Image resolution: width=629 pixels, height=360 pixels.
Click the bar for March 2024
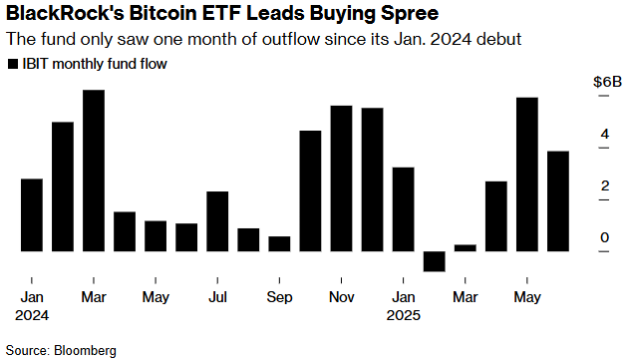tap(94, 171)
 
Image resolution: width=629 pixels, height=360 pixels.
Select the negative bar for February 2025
tap(434, 260)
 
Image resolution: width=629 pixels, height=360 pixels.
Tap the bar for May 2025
tap(526, 175)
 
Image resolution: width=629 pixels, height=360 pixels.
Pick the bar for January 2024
tap(32, 214)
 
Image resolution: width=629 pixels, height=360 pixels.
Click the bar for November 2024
tap(341, 178)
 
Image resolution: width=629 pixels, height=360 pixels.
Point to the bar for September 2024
tap(279, 243)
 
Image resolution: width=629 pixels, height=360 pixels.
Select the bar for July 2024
tap(217, 220)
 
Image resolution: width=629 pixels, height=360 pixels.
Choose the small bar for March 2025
tap(465, 247)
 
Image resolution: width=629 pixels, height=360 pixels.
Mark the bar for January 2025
tap(403, 208)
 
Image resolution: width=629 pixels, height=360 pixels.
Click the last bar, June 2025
tap(557, 200)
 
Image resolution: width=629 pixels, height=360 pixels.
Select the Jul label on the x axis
tap(217, 297)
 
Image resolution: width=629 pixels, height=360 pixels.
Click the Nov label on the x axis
tap(341, 297)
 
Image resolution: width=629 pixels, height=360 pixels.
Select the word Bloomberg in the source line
tap(86, 350)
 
